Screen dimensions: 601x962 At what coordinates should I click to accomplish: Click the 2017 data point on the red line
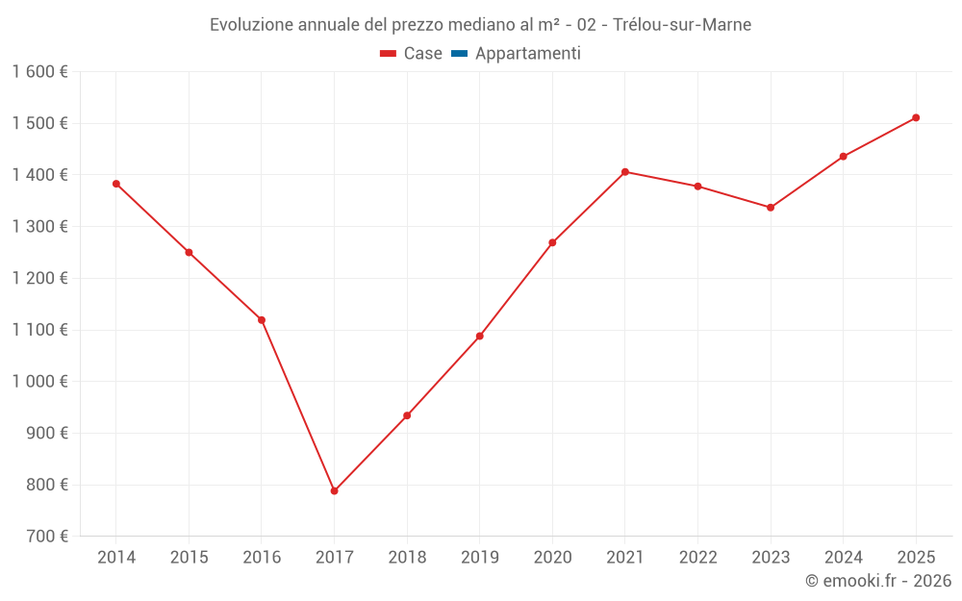point(334,490)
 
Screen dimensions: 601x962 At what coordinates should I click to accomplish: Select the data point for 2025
point(916,117)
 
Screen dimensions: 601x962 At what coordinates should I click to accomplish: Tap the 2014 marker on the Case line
point(116,184)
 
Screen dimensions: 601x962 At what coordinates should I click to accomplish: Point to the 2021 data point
point(624,172)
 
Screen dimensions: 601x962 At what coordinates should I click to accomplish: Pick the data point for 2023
point(771,208)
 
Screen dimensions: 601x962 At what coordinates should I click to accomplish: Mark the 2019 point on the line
point(479,336)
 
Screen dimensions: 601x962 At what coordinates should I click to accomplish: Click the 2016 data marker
point(262,320)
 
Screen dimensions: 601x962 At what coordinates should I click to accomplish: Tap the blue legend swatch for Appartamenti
point(459,54)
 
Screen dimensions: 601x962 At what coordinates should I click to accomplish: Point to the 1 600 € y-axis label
point(39,72)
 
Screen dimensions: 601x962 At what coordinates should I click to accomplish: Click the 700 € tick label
point(47,537)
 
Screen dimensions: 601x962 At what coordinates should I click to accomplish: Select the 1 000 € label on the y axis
point(39,382)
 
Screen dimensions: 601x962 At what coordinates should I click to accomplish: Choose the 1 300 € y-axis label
point(39,227)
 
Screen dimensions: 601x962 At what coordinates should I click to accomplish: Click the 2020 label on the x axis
point(552,558)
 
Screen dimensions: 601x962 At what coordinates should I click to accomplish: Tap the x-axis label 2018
point(407,558)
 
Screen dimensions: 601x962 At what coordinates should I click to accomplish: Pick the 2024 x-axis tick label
point(843,558)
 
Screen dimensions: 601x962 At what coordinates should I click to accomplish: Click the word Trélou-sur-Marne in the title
point(682,25)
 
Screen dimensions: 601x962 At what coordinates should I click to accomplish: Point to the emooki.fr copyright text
point(878,581)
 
